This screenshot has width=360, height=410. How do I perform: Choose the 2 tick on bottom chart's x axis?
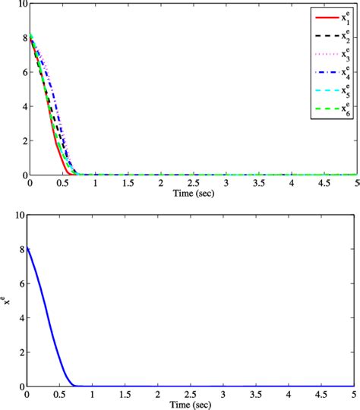coord(160,395)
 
